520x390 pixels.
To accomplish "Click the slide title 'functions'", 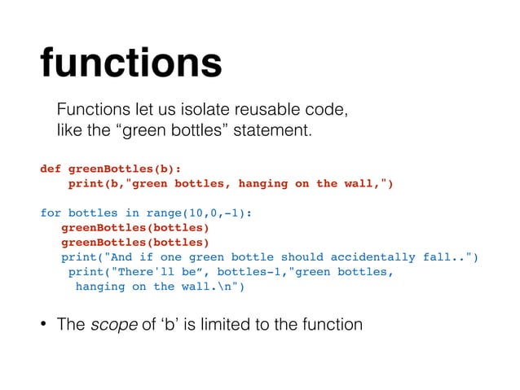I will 130,63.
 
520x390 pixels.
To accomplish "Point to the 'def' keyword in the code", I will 51,169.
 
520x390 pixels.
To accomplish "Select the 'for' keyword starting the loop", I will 51,213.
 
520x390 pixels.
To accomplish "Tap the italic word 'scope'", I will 107,324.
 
